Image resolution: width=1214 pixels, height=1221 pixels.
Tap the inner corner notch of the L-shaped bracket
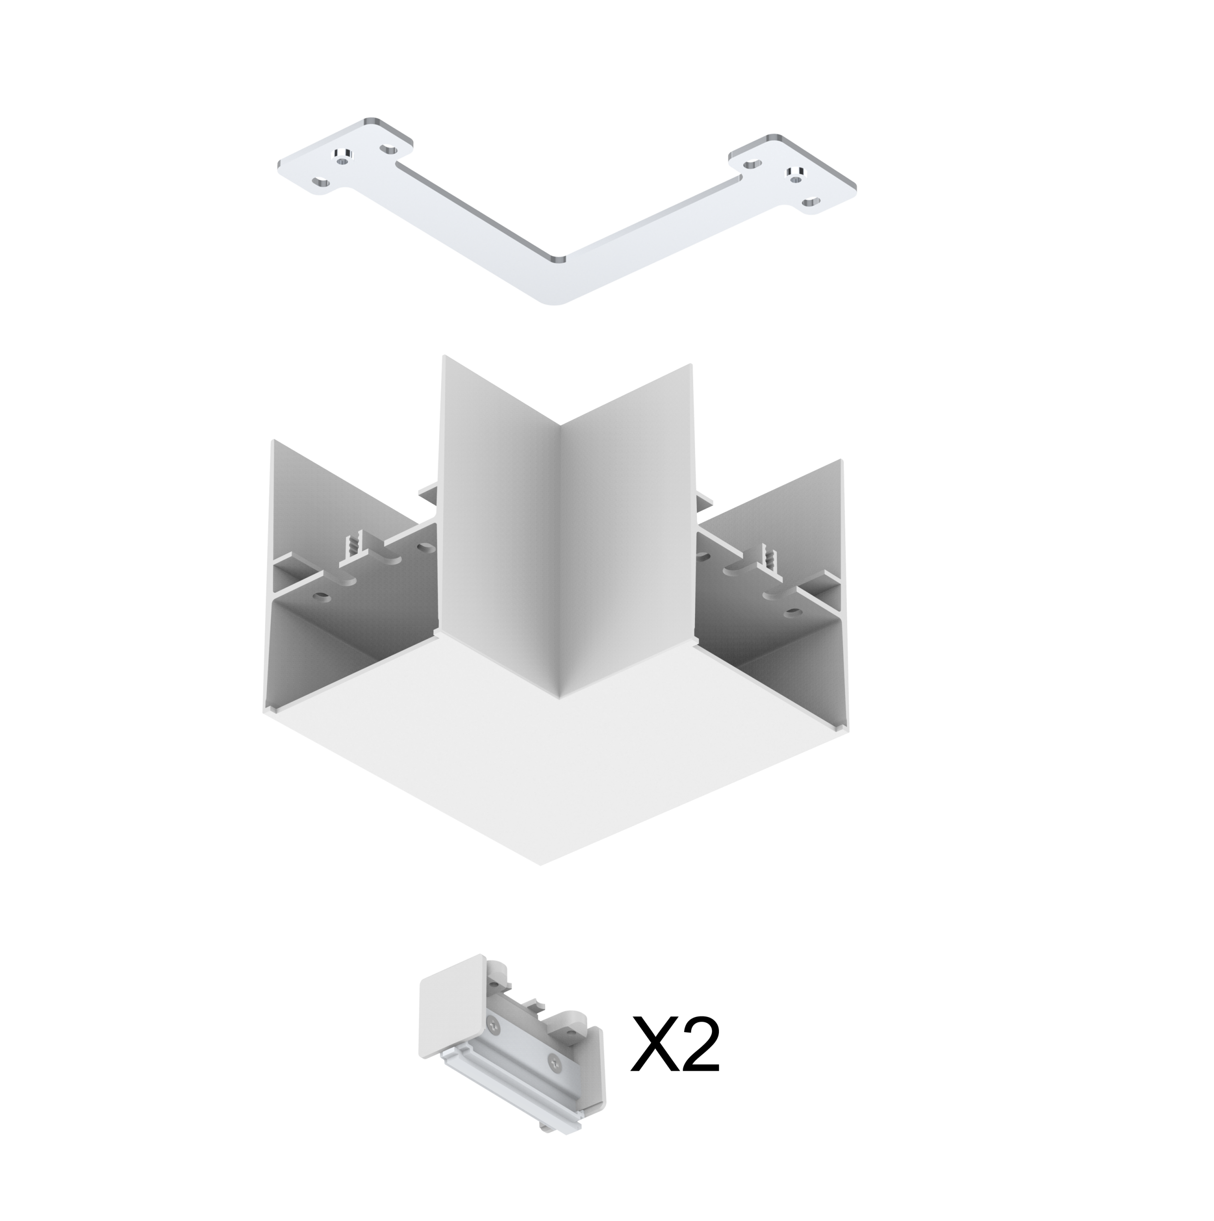pyautogui.click(x=556, y=258)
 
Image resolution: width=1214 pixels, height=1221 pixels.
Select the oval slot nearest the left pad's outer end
pyautogui.click(x=321, y=183)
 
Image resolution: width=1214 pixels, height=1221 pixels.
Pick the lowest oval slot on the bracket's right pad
pyautogui.click(x=809, y=202)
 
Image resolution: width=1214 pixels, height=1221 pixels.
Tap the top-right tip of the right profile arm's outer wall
pyautogui.click(x=843, y=459)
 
